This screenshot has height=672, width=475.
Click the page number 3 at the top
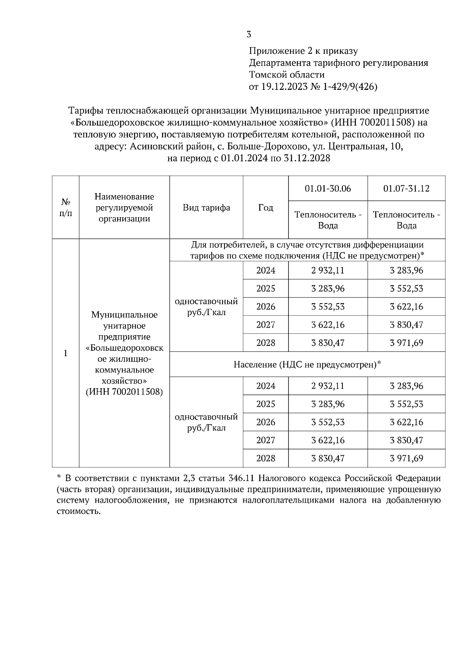[249, 34]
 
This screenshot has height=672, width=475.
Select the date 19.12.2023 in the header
[283, 87]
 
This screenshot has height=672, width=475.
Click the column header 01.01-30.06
[328, 188]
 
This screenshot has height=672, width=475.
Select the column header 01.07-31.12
[406, 188]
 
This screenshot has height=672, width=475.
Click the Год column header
[266, 208]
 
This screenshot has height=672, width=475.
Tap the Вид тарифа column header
[206, 208]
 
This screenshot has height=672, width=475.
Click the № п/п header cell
[66, 208]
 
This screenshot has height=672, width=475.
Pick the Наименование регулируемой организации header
[124, 208]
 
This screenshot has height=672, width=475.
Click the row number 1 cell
[66, 353]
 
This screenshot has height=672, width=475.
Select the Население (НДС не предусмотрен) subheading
[307, 364]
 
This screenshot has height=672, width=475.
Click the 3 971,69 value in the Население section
[406, 458]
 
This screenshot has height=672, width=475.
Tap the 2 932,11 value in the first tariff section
[328, 271]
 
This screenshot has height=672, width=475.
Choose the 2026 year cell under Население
[266, 422]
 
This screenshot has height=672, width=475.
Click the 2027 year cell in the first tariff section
[266, 325]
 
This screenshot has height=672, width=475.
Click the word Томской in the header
[266, 75]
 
